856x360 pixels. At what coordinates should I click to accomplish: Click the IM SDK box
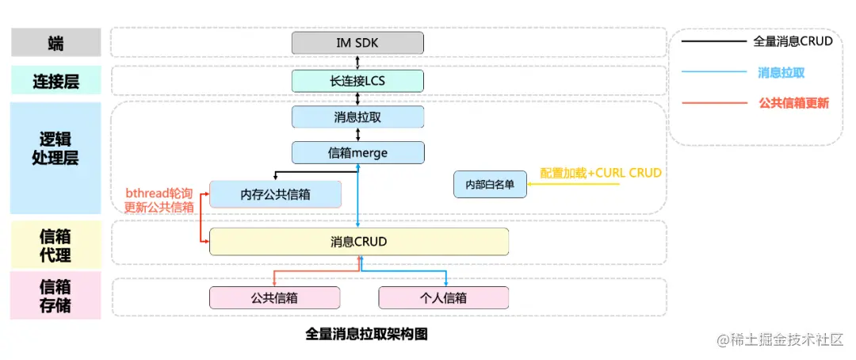coord(357,42)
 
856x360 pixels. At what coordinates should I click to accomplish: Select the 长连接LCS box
coord(357,80)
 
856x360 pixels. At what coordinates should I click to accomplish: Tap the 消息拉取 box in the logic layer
coord(357,117)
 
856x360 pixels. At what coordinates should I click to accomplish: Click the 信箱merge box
coord(357,152)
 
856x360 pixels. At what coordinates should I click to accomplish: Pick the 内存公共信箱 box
coord(275,194)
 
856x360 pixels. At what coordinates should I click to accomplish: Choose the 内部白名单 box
coord(490,184)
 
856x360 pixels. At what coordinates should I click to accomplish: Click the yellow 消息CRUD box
coord(358,241)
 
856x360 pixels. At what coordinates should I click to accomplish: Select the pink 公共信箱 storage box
coord(274,298)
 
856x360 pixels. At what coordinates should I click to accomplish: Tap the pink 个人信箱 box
coord(443,298)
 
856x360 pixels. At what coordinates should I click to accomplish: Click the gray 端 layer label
coord(55,43)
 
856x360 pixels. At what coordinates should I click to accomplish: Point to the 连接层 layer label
coord(55,81)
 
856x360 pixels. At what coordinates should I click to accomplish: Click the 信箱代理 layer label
coord(55,246)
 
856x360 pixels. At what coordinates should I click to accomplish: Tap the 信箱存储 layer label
coord(55,296)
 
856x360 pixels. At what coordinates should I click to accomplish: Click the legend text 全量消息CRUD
coord(793,41)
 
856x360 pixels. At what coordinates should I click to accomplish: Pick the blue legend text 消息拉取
coord(781,72)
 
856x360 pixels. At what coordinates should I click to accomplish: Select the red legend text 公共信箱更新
coord(793,103)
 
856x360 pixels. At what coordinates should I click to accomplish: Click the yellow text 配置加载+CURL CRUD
coord(600,173)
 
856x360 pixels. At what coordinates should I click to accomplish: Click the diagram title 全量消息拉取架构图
coord(366,334)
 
